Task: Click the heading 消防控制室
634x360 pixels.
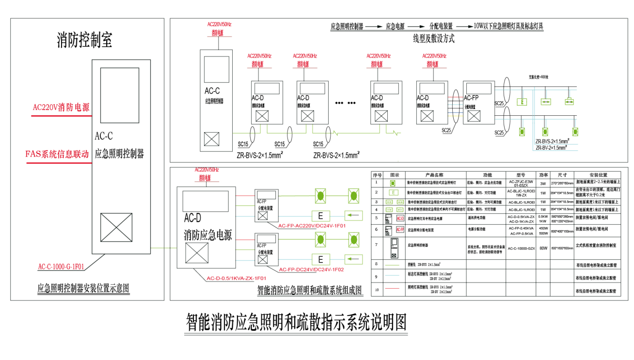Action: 84,41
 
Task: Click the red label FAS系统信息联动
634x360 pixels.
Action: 57,154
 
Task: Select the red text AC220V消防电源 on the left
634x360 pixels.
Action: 61,108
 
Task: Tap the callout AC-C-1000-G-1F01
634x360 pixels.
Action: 61,266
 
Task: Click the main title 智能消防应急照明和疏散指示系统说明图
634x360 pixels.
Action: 297,322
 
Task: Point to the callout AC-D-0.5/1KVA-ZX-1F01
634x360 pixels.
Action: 237,278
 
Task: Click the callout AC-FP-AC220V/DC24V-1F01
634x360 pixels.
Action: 312,226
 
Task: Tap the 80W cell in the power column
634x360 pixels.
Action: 543,248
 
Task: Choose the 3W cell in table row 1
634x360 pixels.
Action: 543,184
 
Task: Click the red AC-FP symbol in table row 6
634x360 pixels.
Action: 400,229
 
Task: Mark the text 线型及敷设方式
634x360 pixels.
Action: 434,39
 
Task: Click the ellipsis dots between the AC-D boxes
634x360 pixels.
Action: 346,103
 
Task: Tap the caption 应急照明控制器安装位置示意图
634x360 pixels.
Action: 83,289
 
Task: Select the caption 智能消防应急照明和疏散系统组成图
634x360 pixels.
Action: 310,290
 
